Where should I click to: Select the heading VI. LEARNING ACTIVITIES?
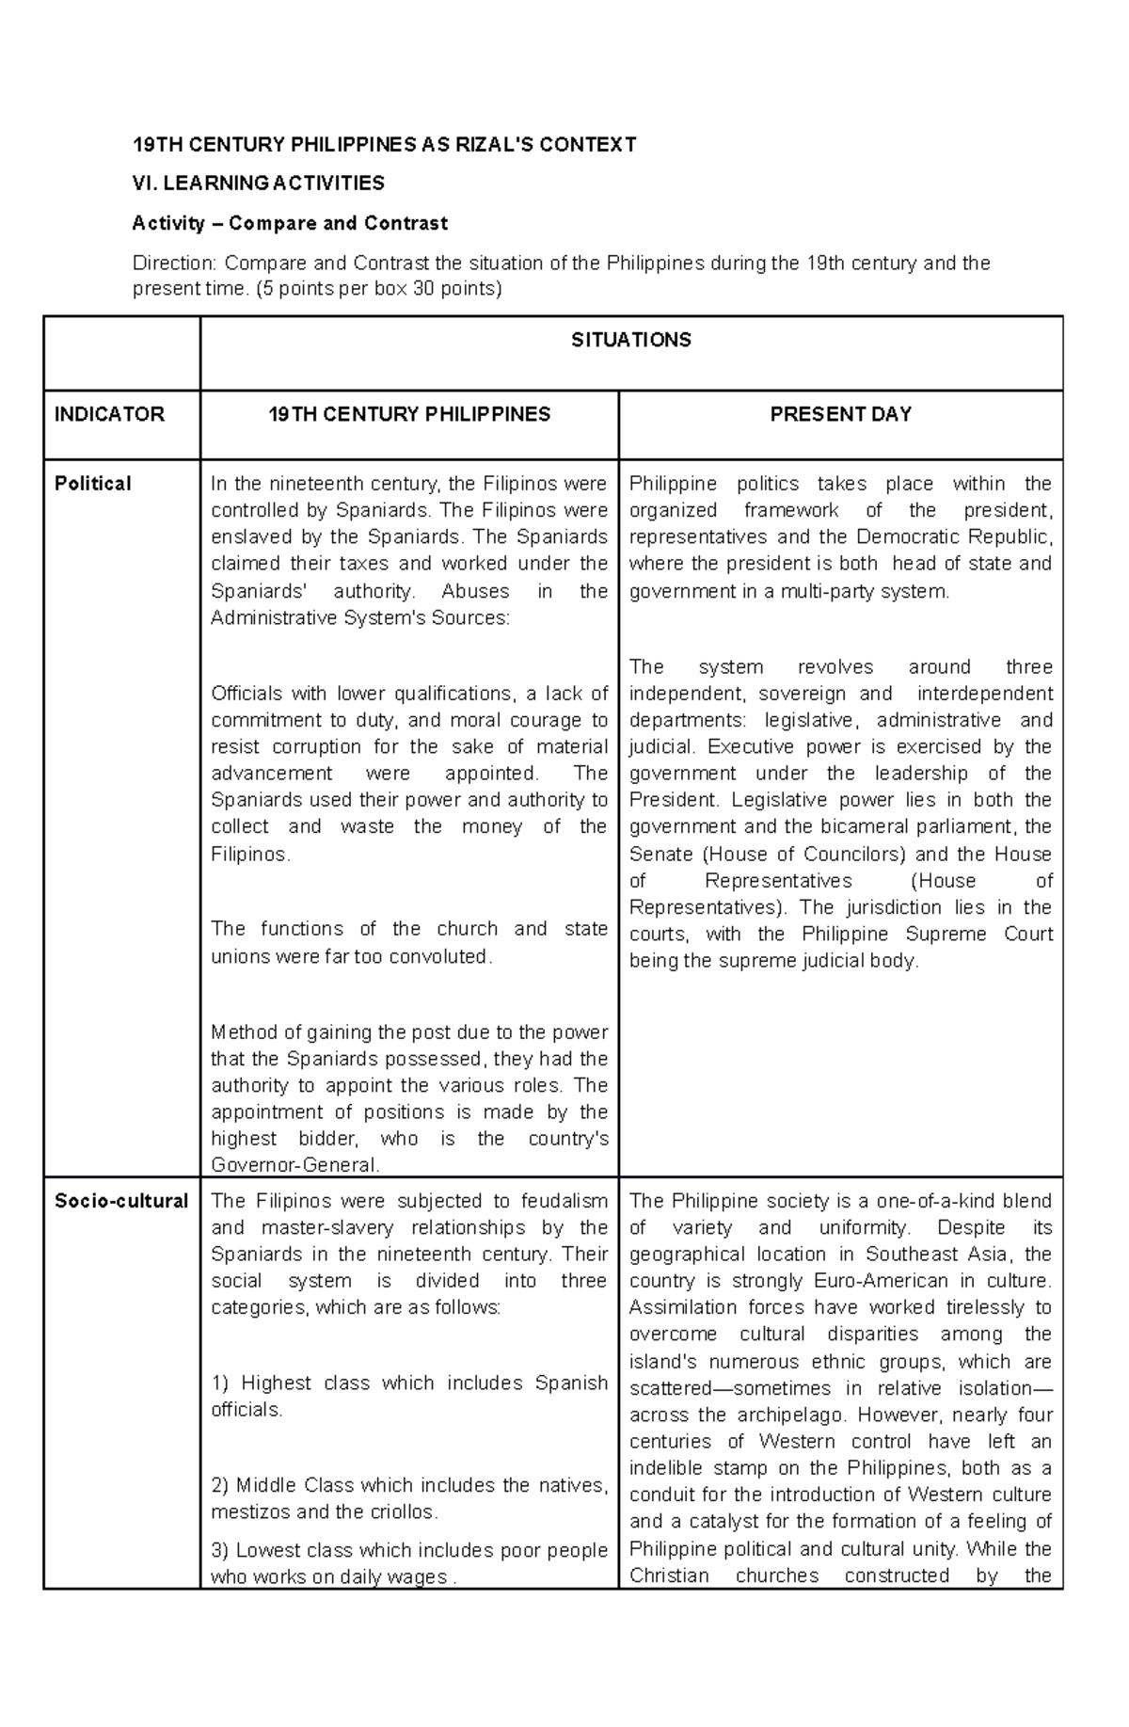click(259, 183)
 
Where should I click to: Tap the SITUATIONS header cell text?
click(631, 340)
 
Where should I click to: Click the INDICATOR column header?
click(109, 414)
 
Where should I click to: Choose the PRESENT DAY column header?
click(840, 414)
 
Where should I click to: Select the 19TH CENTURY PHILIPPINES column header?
click(409, 414)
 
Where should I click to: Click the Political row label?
click(92, 484)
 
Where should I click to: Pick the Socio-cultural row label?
click(120, 1201)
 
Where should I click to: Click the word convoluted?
click(440, 956)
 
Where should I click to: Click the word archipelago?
click(789, 1415)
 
